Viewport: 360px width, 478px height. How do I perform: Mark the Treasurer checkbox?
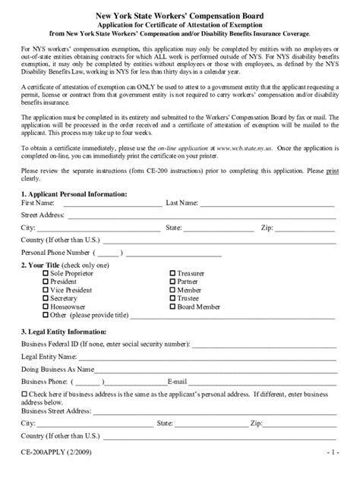172,273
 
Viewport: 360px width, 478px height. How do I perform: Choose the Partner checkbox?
172,281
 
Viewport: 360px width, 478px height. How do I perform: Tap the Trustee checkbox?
172,298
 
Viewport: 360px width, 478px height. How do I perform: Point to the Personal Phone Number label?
56,252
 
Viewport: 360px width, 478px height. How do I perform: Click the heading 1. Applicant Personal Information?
74,194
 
